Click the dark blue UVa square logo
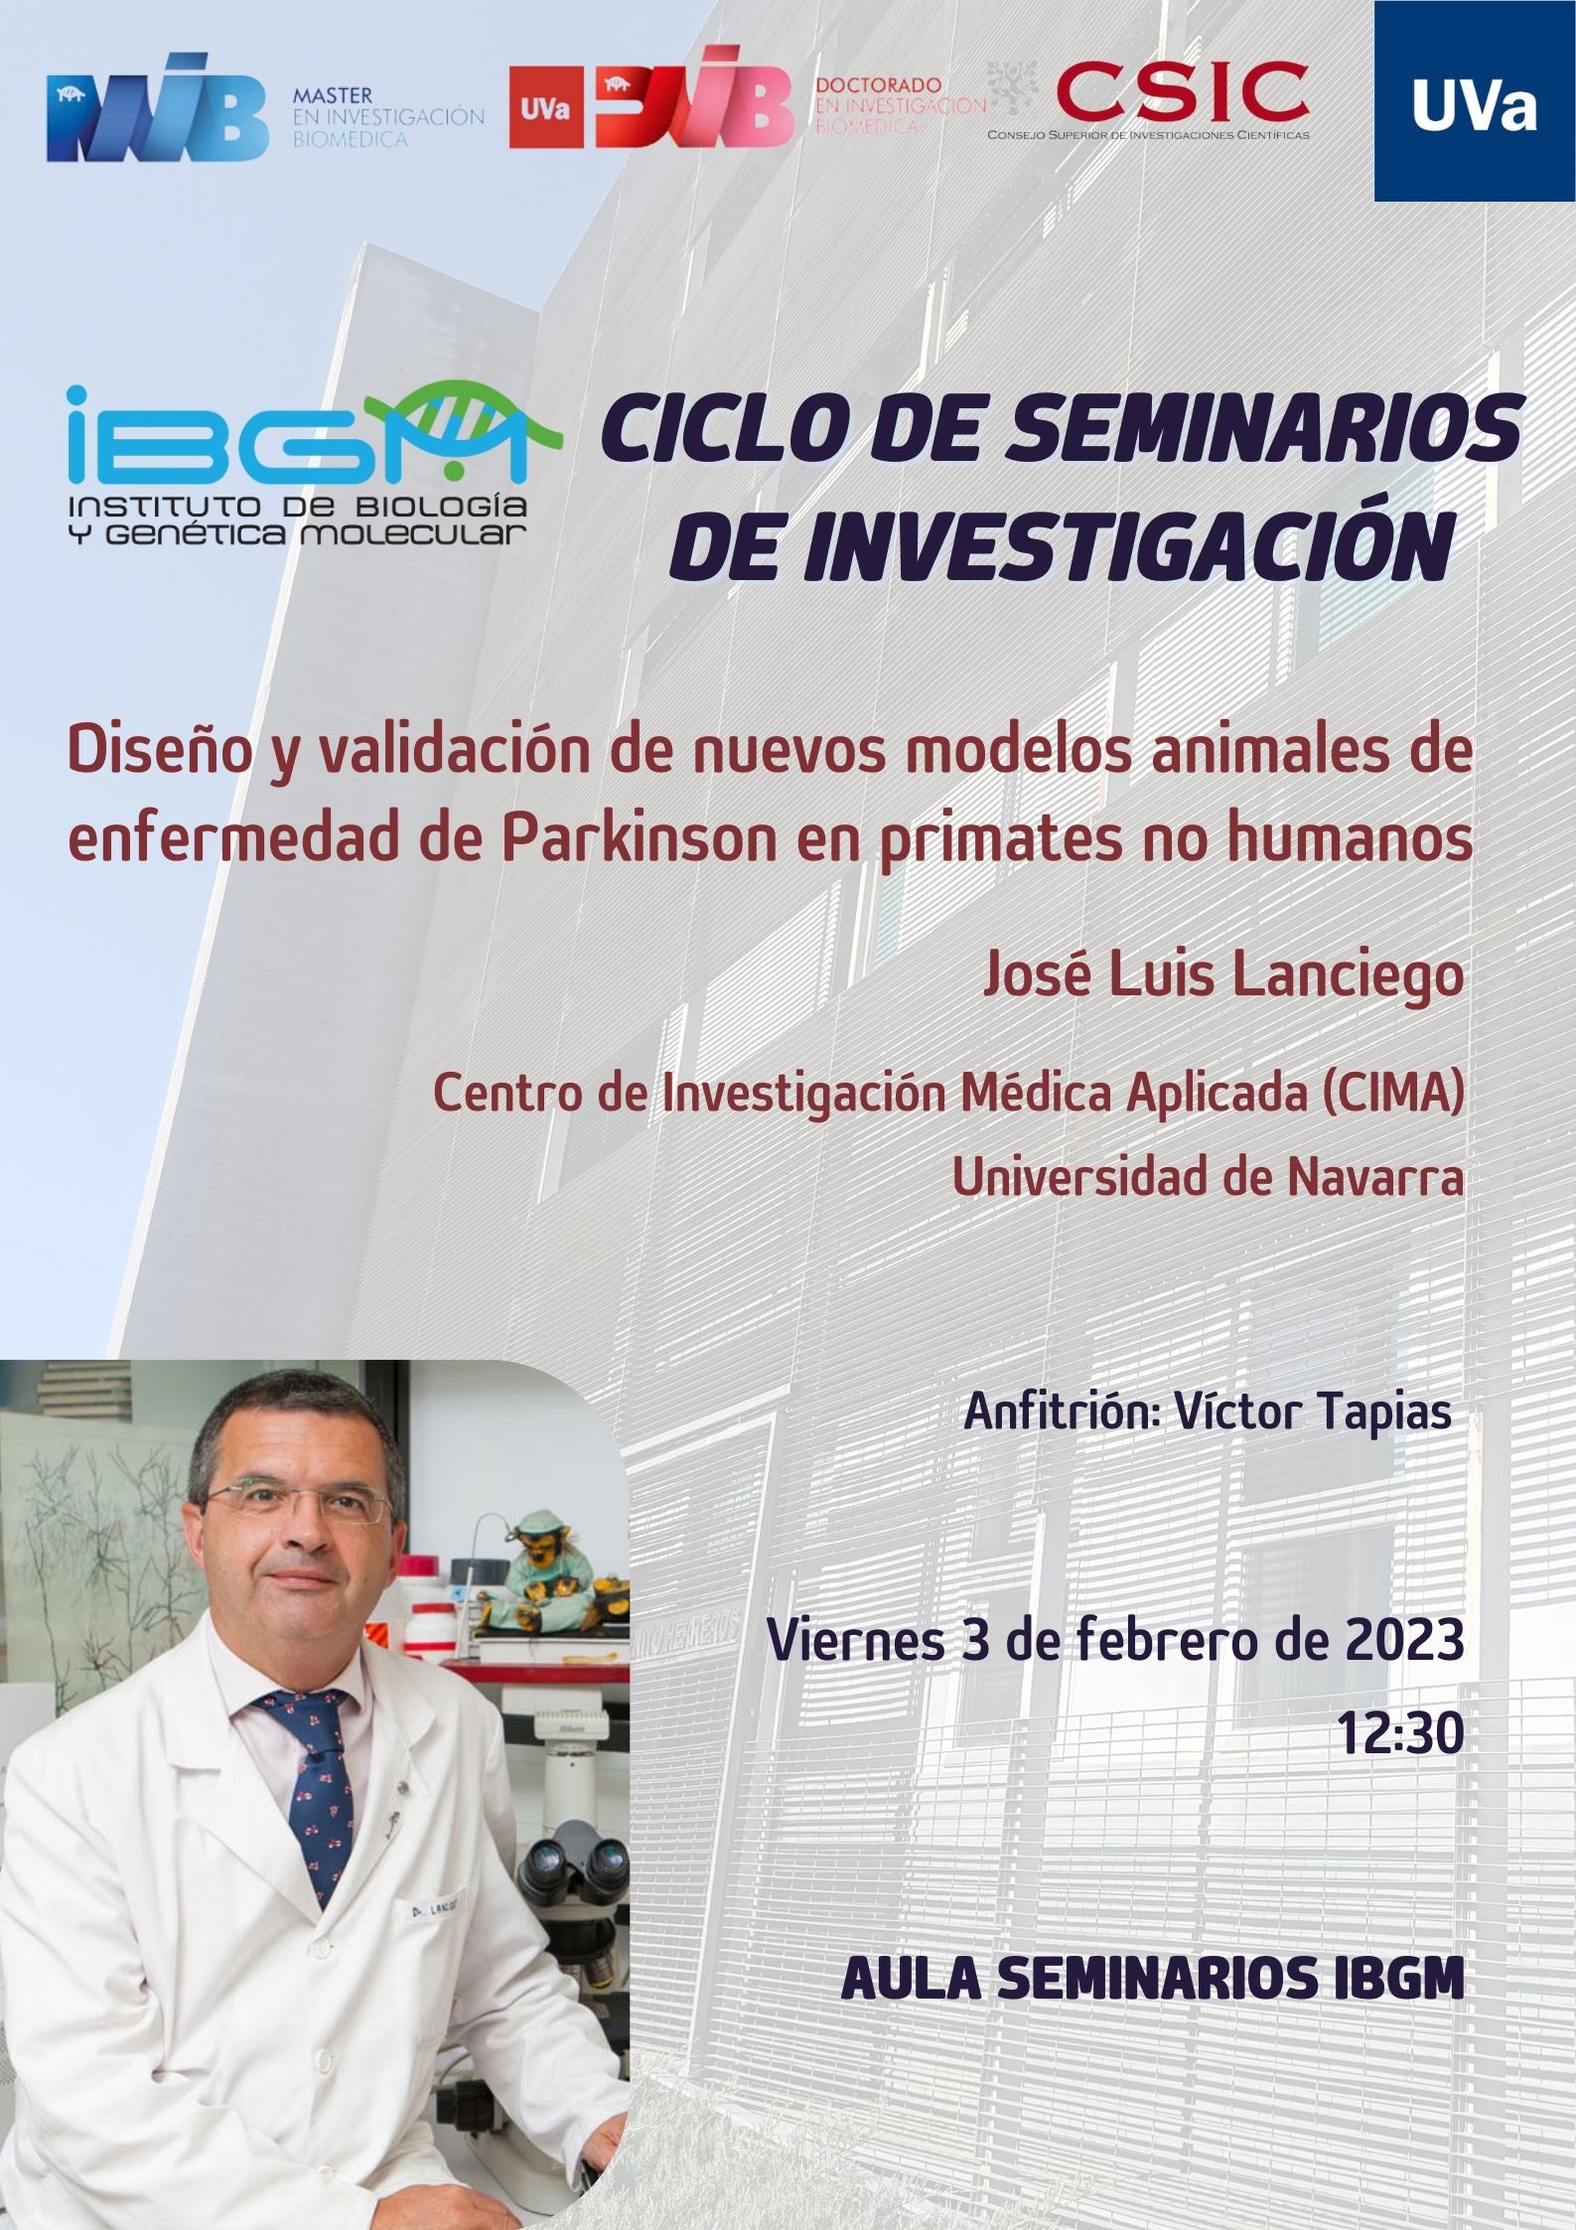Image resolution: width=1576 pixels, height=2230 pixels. pos(1475,99)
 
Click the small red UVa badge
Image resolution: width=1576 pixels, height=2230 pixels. pos(546,109)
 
